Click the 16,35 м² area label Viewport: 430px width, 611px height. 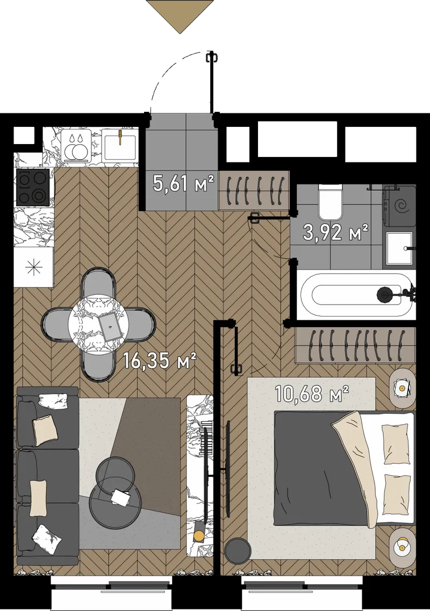(159, 361)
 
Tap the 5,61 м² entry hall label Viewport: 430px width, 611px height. (184, 183)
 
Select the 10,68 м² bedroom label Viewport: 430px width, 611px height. (312, 393)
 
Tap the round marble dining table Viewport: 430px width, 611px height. (98, 324)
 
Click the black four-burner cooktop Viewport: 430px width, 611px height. (33, 188)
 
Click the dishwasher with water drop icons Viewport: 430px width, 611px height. (76, 145)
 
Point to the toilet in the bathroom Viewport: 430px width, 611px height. (331, 201)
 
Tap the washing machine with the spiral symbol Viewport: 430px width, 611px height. (399, 206)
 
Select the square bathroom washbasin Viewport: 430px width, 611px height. (399, 248)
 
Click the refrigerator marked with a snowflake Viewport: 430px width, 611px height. (33, 267)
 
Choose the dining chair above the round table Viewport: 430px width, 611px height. (98, 284)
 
